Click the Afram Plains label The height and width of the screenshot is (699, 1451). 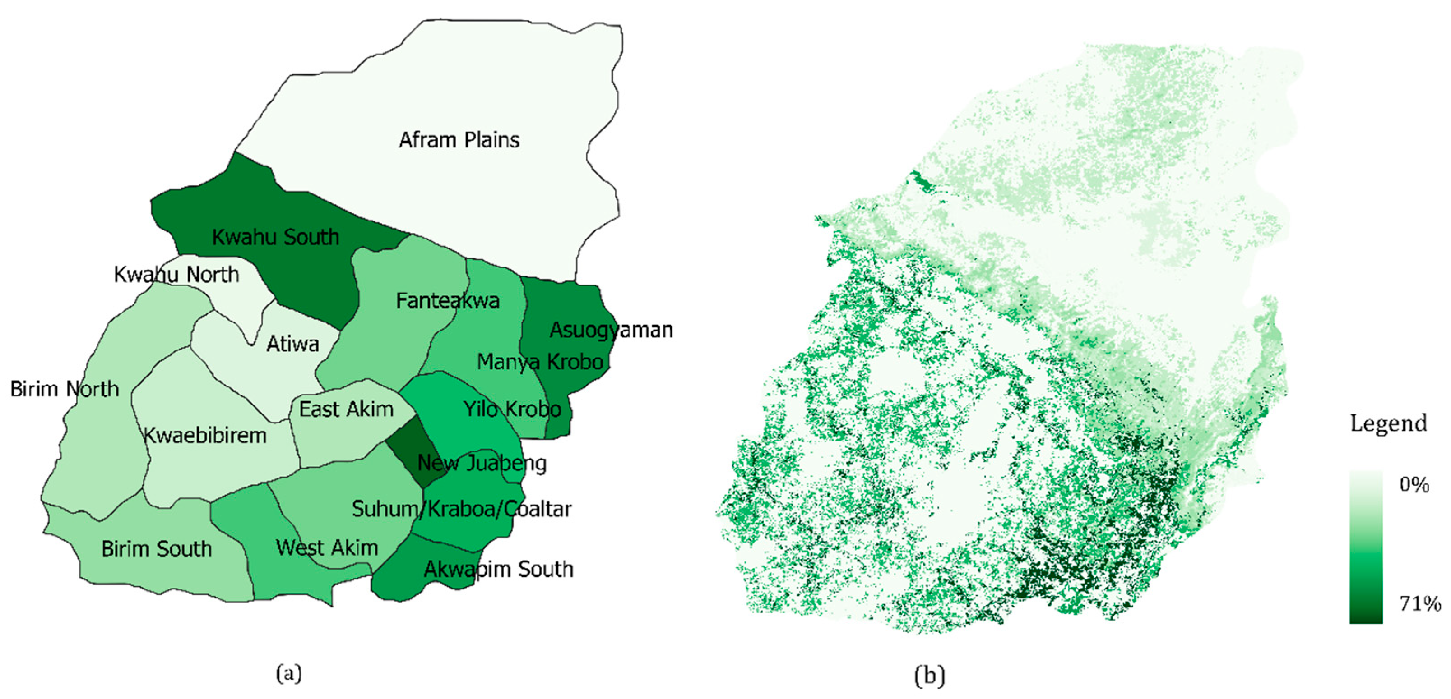(459, 140)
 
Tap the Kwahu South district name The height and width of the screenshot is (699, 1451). (275, 237)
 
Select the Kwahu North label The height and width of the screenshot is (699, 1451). (176, 275)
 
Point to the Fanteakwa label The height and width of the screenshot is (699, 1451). (447, 300)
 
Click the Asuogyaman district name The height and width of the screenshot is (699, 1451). (611, 330)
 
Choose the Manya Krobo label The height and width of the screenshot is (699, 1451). (540, 362)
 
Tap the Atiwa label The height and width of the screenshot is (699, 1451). (292, 344)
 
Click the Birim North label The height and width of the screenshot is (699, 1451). (65, 389)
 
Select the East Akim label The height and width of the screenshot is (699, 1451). (346, 409)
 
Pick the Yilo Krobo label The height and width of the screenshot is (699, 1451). (511, 409)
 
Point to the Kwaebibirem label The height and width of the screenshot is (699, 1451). (205, 436)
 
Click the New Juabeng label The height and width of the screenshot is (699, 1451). (482, 463)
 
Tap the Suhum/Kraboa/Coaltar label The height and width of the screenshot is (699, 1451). (461, 509)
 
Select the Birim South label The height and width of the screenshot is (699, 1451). (157, 549)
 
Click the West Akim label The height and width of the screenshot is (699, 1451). (327, 547)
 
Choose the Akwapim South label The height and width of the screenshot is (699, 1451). (499, 569)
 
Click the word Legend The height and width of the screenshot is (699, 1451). (1388, 423)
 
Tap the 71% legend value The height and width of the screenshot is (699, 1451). (1419, 603)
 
